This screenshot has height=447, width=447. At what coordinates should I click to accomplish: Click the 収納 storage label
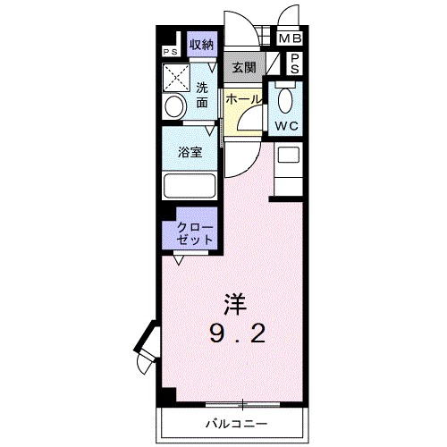tap(201, 44)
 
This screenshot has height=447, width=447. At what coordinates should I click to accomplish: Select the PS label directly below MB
tap(293, 62)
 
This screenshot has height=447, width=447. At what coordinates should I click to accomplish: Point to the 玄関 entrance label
tap(243, 67)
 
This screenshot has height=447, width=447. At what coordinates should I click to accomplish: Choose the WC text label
tap(287, 126)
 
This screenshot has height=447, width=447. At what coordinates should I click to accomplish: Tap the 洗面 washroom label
tap(202, 96)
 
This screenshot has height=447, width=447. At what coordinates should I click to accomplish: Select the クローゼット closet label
tap(195, 235)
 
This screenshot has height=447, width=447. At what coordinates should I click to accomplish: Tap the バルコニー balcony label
tap(237, 420)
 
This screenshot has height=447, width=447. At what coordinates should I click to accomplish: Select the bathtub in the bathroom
tap(190, 186)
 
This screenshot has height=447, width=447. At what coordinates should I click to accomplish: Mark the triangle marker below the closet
tap(179, 260)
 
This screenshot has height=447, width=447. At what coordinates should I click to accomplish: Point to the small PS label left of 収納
tap(169, 51)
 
